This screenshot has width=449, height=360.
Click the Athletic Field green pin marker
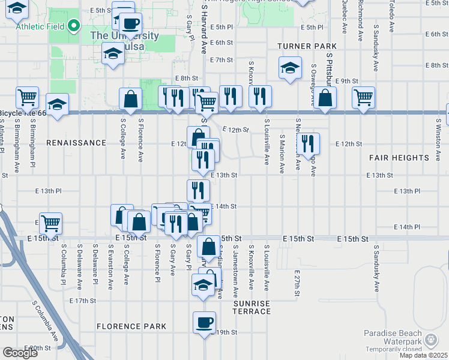coord(74,26)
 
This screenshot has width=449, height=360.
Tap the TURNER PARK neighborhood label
coord(307,46)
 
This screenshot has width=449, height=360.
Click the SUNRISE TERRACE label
coord(252,307)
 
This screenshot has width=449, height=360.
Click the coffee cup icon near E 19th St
coord(204,323)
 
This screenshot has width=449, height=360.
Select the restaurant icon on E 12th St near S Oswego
coord(307,143)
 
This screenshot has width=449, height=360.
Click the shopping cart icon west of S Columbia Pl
coord(51,223)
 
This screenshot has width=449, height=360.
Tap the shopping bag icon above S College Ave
coord(131,99)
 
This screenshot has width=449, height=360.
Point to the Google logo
coord(20,353)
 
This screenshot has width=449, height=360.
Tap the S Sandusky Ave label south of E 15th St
coord(376,268)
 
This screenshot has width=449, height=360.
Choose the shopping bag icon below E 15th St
coord(209,247)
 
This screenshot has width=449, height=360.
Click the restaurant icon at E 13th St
coord(198,190)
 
